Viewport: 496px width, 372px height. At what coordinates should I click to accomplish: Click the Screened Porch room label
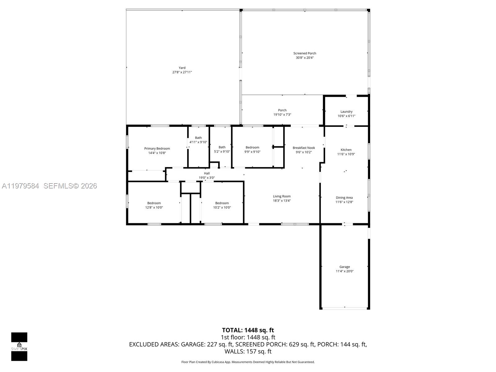point(305,53)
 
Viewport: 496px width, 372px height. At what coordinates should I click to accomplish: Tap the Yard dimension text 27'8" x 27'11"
point(182,72)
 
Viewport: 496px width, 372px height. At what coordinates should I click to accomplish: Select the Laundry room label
point(346,112)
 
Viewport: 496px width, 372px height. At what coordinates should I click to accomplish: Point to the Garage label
point(344,267)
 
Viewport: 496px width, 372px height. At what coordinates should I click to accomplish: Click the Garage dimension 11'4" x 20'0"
point(344,271)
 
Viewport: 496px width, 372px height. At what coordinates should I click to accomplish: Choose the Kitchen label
point(346,150)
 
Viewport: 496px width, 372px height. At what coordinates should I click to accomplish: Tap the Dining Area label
point(344,198)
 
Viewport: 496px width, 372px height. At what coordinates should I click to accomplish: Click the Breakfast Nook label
point(303,148)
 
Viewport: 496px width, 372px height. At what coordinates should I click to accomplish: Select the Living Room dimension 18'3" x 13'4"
point(281,201)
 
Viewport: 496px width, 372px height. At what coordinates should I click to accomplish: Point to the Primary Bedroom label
point(157,148)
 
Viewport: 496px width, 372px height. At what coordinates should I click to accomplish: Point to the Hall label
point(207,173)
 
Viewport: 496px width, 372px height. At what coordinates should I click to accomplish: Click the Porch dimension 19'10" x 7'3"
point(282,115)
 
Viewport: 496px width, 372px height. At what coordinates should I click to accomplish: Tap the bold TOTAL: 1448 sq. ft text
point(248,330)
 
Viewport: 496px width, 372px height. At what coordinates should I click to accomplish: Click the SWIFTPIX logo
point(19,346)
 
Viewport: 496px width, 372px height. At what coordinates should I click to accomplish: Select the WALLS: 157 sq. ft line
point(248,351)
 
